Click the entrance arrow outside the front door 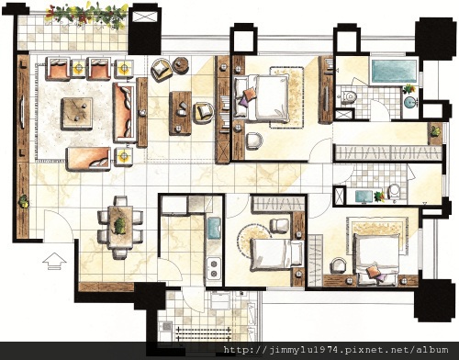pyautogui.click(x=54, y=261)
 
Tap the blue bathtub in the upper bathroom pyautogui.click(x=394, y=72)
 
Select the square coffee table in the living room pyautogui.click(x=76, y=114)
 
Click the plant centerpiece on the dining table pyautogui.click(x=120, y=226)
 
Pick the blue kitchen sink pyautogui.click(x=214, y=228)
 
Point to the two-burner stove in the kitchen pyautogui.click(x=214, y=268)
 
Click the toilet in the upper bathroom pyautogui.click(x=349, y=97)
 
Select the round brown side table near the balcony pyautogui.click(x=180, y=65)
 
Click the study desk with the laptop pyautogui.click(x=181, y=113)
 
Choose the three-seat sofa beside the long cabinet pyautogui.click(x=124, y=112)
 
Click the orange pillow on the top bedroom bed pyautogui.click(x=249, y=94)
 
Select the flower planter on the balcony pyautogui.click(x=86, y=15)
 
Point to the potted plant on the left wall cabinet pyautogui.click(x=24, y=202)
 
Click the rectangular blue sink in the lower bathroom pyautogui.click(x=364, y=197)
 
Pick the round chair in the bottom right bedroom pyautogui.click(x=339, y=265)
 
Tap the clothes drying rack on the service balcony pyautogui.click(x=204, y=333)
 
